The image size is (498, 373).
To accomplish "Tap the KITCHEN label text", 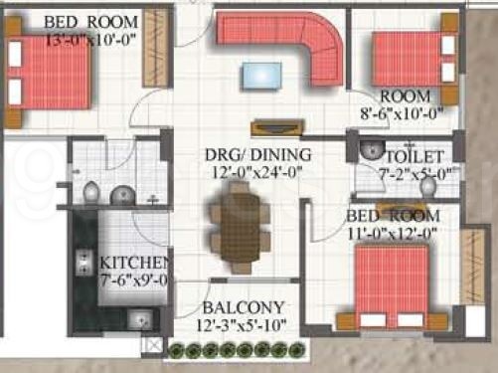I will (136, 263).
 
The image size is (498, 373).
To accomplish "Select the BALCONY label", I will (244, 307).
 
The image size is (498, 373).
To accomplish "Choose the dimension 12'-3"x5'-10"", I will (246, 325).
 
